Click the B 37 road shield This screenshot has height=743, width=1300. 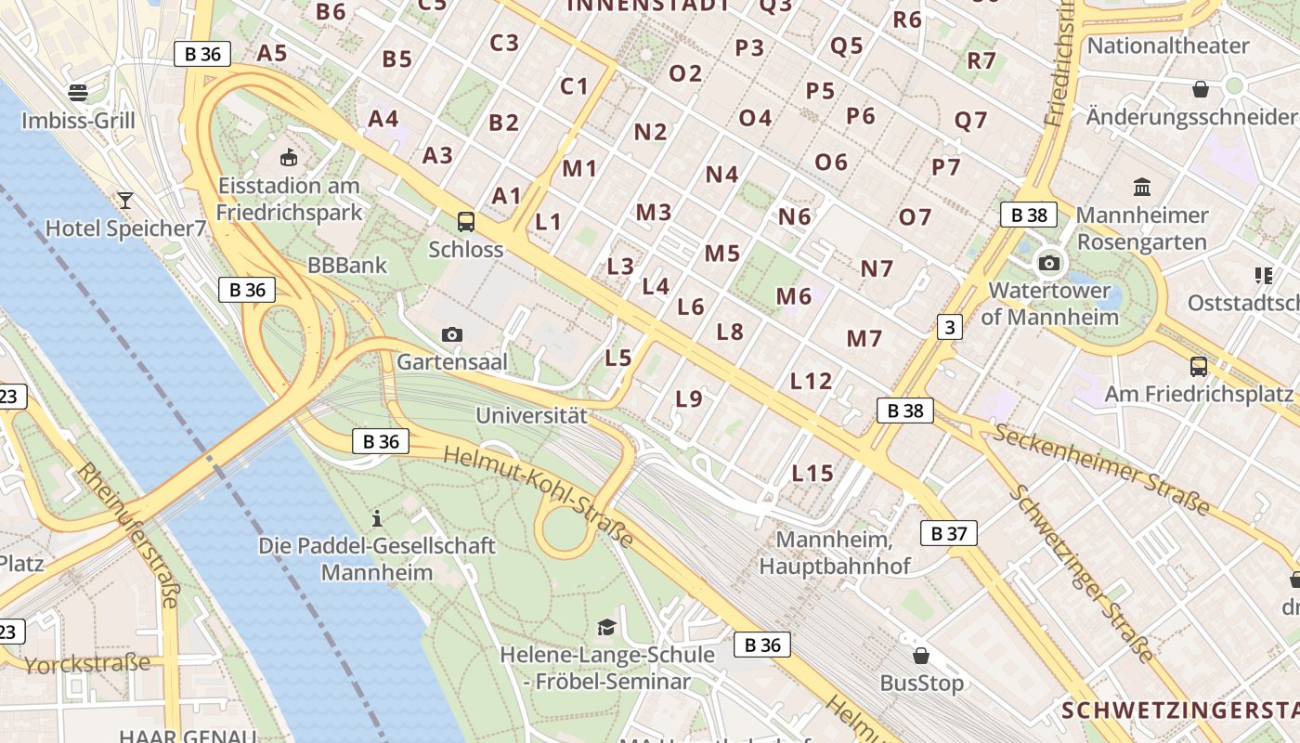948,533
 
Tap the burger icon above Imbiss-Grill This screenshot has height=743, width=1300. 78,92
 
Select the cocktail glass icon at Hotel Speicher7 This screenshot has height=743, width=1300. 124,200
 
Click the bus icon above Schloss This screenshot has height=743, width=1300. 466,222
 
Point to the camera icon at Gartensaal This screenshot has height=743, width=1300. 452,334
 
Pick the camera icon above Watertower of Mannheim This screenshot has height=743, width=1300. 1049,263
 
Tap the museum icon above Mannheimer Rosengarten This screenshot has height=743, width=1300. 1142,187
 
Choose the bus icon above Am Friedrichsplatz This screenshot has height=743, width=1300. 1199,366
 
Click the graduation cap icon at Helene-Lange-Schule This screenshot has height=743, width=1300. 606,628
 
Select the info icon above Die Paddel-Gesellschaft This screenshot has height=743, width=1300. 377,517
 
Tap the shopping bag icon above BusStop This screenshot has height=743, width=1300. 921,656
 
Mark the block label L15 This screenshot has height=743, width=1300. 812,474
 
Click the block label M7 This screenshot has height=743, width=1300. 864,338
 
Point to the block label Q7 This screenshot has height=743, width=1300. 971,120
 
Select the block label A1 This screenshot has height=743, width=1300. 507,196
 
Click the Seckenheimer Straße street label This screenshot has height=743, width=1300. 1101,468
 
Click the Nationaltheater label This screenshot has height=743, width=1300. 1167,46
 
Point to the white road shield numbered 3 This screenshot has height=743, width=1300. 949,327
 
